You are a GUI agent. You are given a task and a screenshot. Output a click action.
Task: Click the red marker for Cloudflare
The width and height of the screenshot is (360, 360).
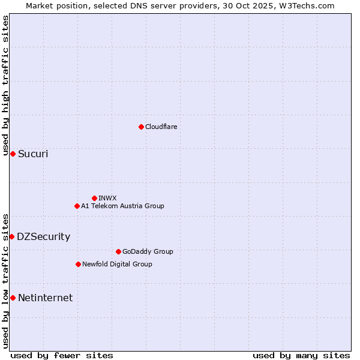tap(141, 127)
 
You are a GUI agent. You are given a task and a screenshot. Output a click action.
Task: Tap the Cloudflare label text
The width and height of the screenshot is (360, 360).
tap(161, 127)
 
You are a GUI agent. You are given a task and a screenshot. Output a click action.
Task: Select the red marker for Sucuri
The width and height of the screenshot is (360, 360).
tap(13, 154)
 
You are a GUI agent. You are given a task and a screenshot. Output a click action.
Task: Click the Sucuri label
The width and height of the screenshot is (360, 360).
tap(33, 154)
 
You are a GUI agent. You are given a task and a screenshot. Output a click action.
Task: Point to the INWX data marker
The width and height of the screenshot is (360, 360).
tap(94, 198)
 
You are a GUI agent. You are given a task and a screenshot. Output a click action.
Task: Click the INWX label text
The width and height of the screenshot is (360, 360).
tap(107, 198)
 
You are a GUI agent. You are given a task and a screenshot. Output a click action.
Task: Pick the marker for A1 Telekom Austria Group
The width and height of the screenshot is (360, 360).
tap(77, 206)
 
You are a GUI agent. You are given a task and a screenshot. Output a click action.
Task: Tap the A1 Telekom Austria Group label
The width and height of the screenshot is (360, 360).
tap(122, 206)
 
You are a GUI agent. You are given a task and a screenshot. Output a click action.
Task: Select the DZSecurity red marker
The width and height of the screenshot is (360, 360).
tap(11, 237)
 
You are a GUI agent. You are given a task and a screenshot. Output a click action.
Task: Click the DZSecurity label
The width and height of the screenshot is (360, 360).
tap(43, 237)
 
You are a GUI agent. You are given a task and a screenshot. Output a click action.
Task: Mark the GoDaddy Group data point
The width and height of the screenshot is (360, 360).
tap(118, 251)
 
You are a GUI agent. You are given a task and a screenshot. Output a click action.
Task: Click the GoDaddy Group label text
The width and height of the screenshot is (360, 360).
tap(148, 252)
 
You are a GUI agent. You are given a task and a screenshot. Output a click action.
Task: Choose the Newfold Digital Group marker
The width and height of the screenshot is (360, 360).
tap(78, 264)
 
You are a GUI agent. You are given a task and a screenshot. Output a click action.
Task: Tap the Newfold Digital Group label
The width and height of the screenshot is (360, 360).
tap(117, 265)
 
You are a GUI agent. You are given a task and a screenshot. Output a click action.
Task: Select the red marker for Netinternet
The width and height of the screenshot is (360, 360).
tap(13, 298)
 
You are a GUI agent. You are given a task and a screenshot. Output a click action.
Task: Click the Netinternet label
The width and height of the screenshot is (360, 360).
tap(45, 298)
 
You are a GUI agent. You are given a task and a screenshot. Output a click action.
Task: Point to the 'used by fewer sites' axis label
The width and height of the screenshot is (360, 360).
tap(62, 355)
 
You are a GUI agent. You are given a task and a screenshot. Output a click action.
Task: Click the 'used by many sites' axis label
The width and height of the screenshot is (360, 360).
tap(301, 355)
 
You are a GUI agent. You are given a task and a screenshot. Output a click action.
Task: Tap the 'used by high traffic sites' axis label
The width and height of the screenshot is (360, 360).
tap(6, 85)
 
